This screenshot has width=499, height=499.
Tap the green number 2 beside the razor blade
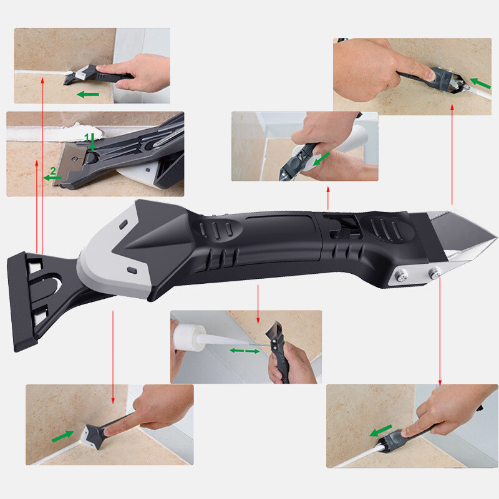point(53,170)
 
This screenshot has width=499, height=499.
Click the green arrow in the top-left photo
point(89,94)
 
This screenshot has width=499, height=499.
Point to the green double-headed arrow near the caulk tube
point(245,351)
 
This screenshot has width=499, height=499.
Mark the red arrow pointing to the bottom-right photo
point(440,331)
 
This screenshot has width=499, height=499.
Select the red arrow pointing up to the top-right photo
point(452,156)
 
